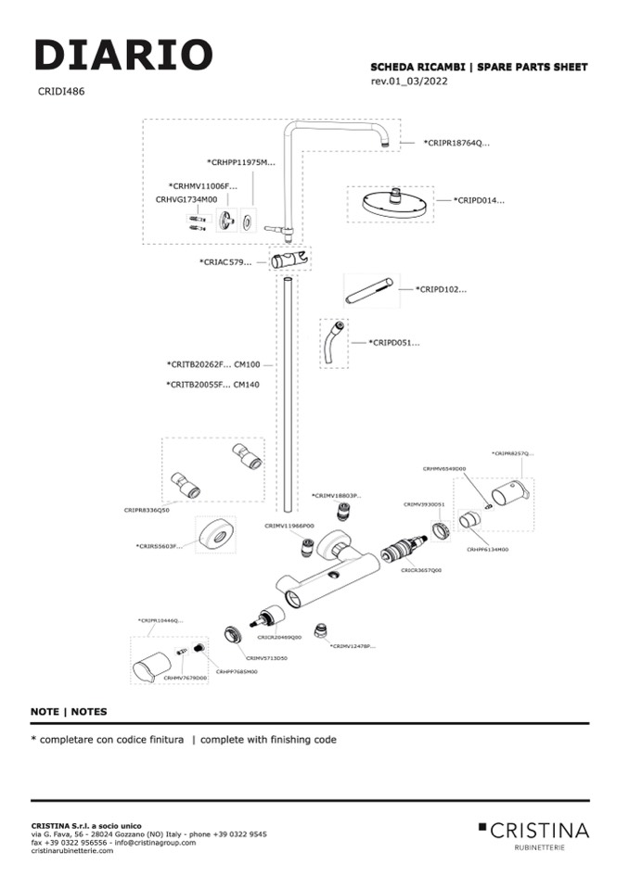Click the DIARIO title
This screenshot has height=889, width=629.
[123, 55]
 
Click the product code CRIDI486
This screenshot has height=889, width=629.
[61, 92]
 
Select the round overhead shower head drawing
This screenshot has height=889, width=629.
[391, 203]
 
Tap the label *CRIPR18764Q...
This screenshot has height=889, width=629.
[456, 143]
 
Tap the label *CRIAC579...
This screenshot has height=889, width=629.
[225, 262]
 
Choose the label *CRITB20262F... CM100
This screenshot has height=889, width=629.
[212, 365]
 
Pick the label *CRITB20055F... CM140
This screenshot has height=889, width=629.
[212, 384]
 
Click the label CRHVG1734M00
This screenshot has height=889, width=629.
[186, 199]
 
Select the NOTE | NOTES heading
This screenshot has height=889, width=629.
[69, 712]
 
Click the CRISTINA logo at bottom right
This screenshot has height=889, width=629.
[533, 831]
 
